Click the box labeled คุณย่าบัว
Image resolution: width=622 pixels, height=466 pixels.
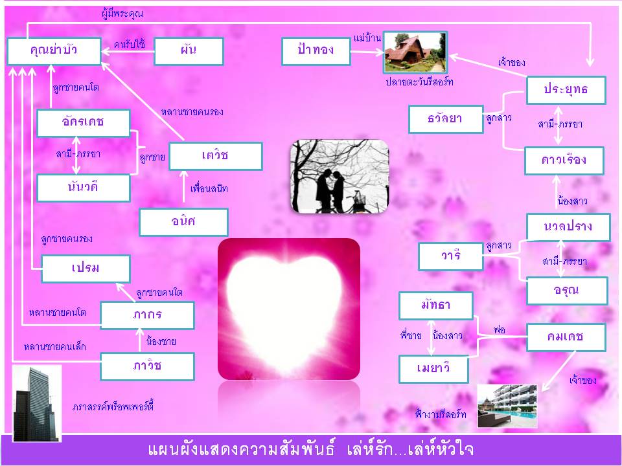[54, 51]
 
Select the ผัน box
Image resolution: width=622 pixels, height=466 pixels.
[189, 51]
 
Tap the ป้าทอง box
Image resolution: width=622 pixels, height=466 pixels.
[316, 51]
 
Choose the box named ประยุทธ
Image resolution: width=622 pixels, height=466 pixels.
[566, 91]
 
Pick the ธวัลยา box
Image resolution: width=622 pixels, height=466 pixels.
[446, 119]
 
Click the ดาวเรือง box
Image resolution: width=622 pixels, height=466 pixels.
[564, 161]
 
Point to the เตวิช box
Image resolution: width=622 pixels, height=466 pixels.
[216, 156]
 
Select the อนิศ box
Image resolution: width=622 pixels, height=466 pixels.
[183, 222]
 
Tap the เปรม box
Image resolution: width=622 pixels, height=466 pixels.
[86, 269]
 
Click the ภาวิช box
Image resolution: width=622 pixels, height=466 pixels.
[147, 366]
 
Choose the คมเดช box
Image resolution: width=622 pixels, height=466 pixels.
[566, 337]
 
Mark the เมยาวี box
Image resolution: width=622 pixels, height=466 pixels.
[433, 369]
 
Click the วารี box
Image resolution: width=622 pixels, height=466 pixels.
[451, 256]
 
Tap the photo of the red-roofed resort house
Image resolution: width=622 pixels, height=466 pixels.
[415, 52]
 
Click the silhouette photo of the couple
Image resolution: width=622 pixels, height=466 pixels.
[340, 177]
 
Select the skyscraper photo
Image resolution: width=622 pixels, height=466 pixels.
[37, 403]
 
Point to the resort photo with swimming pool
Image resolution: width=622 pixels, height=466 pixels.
[507, 406]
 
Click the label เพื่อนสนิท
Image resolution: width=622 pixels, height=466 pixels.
[209, 188]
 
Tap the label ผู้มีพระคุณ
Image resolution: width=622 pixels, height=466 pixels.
[122, 14]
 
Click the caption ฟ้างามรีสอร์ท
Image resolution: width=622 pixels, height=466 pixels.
[441, 414]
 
